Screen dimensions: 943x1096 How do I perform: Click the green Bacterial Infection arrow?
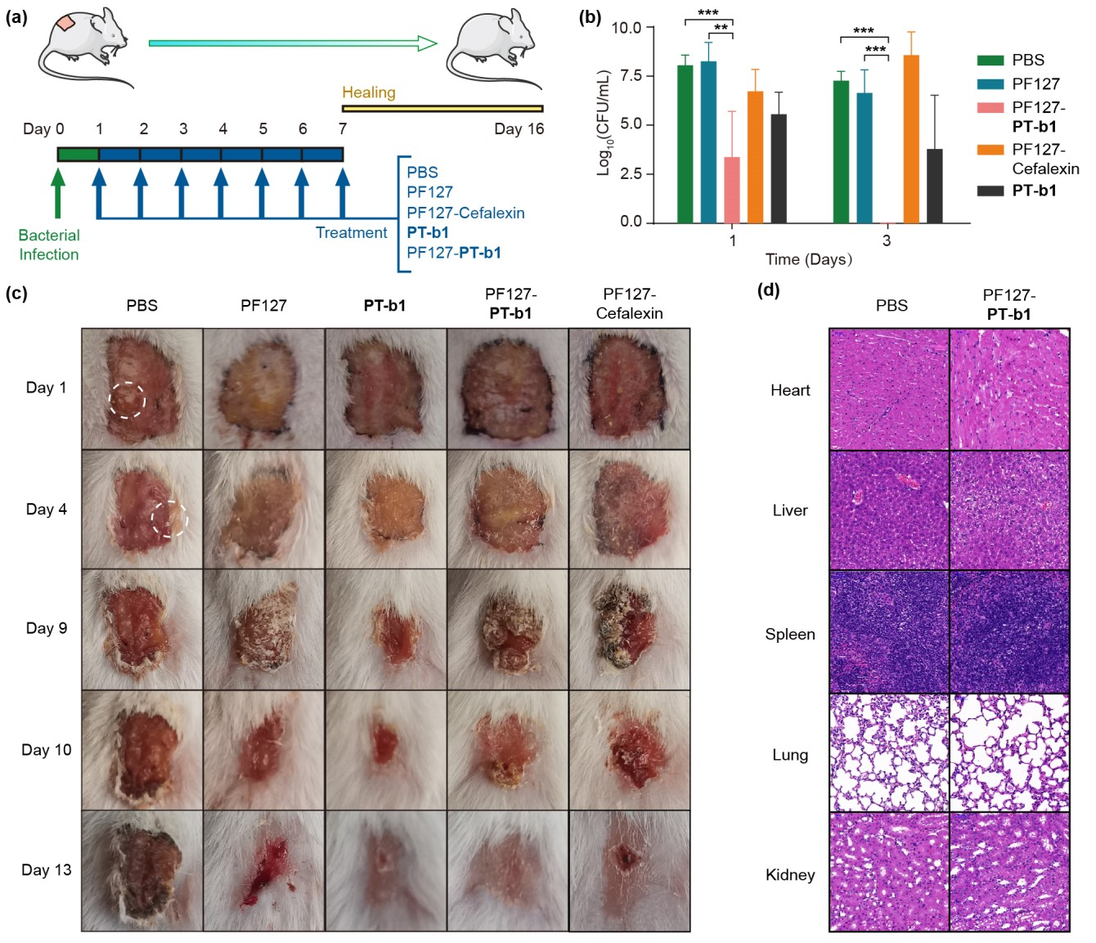pos(57,192)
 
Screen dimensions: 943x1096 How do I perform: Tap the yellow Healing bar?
pos(442,108)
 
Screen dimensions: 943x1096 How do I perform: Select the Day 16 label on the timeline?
pos(519,128)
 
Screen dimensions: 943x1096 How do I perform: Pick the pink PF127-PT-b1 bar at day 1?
pos(732,190)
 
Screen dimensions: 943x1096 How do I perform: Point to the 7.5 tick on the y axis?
pos(628,76)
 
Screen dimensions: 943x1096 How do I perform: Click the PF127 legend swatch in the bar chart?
pos(990,83)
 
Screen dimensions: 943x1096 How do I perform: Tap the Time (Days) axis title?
pos(808,259)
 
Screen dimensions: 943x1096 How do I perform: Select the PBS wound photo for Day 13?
pos(141,870)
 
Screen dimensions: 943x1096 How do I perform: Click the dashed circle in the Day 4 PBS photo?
pos(169,519)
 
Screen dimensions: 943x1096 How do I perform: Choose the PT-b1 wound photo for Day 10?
pos(385,750)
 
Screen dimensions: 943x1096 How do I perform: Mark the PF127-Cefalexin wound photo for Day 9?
pos(629,629)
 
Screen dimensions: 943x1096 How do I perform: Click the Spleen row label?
pos(789,634)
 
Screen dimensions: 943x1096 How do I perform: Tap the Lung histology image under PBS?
pos(889,752)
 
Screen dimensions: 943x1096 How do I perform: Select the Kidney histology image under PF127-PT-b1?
pos(1009,872)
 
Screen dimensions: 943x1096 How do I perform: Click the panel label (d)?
pos(768,290)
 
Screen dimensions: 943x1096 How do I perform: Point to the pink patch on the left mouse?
pos(65,23)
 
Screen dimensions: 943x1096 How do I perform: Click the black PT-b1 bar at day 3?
pos(934,186)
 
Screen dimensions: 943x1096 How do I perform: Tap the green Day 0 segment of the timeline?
pos(78,155)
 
